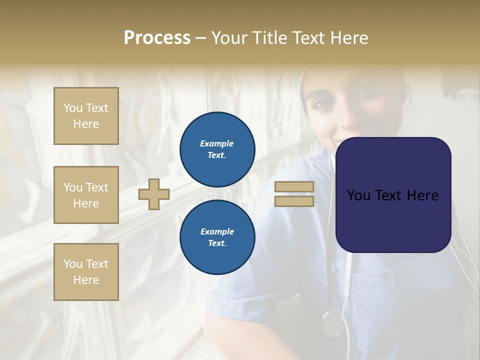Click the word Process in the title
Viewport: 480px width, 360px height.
click(x=157, y=38)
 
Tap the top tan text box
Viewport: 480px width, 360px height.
click(x=86, y=116)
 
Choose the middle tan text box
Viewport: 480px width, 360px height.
click(x=86, y=195)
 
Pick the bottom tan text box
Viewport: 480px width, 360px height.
click(x=86, y=272)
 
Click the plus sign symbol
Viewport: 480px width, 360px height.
click(x=154, y=194)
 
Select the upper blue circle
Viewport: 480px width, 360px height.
click(x=217, y=149)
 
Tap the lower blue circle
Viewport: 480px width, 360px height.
click(x=217, y=237)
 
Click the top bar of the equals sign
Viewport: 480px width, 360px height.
click(x=294, y=187)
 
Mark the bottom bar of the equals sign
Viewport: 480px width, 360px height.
click(x=294, y=201)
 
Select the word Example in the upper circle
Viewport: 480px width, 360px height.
click(x=217, y=143)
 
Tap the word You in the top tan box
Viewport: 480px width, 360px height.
click(x=73, y=108)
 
